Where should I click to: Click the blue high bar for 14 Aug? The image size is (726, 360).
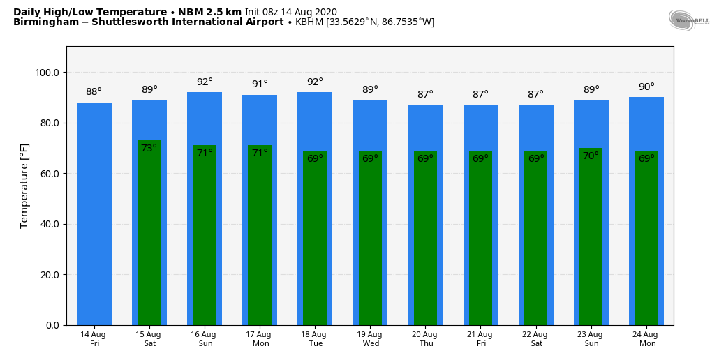pyautogui.click(x=94, y=213)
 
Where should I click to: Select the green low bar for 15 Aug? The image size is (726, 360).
pyautogui.click(x=149, y=233)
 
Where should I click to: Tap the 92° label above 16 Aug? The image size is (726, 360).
pyautogui.click(x=205, y=82)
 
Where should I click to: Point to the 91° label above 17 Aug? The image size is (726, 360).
pyautogui.click(x=260, y=84)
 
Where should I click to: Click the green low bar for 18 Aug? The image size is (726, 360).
pyautogui.click(x=315, y=238)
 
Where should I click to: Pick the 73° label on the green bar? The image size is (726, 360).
pyautogui.click(x=149, y=148)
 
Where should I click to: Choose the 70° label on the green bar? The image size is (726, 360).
pyautogui.click(x=591, y=156)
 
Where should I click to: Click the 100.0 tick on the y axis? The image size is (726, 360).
pyautogui.click(x=47, y=73)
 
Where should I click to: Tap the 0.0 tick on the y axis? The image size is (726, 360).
pyautogui.click(x=52, y=325)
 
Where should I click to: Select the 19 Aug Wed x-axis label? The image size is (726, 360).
pyautogui.click(x=371, y=338)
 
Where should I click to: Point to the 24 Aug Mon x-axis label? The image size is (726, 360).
pyautogui.click(x=646, y=338)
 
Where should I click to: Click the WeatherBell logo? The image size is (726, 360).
pyautogui.click(x=688, y=20)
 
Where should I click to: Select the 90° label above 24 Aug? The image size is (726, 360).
pyautogui.click(x=646, y=87)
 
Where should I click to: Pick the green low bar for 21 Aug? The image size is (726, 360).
pyautogui.click(x=480, y=238)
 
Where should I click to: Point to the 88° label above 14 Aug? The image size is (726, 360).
pyautogui.click(x=94, y=91)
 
